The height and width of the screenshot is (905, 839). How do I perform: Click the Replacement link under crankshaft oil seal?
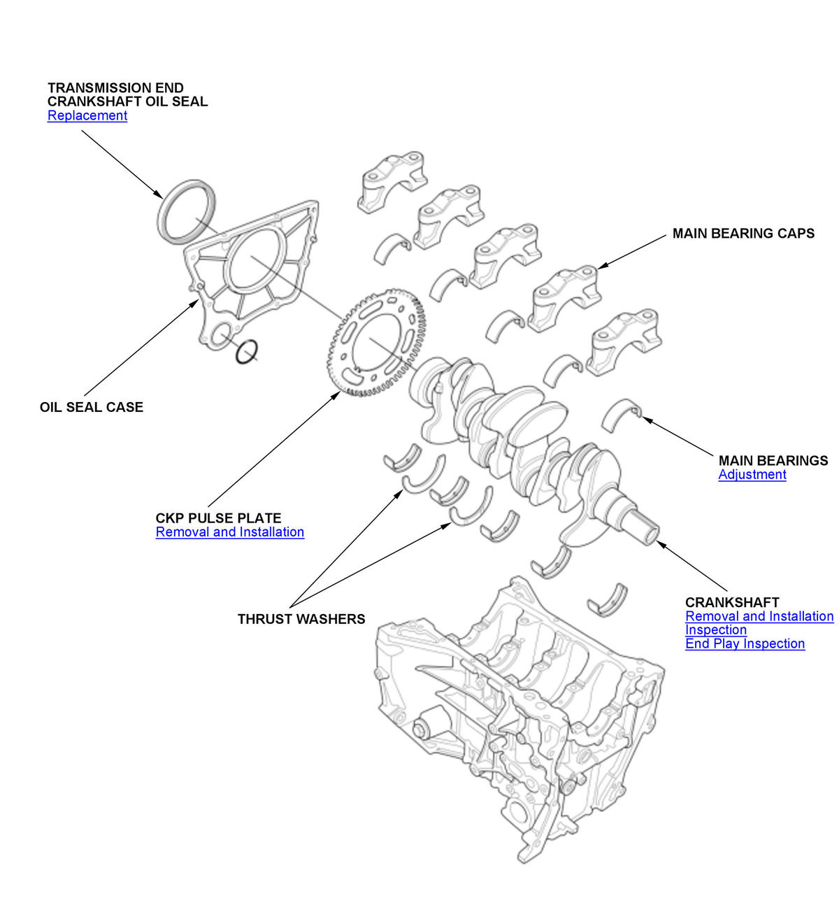pos(87,115)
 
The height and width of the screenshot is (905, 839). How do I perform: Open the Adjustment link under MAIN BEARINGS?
pos(752,474)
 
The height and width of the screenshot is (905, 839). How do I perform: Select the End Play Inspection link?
pos(745,643)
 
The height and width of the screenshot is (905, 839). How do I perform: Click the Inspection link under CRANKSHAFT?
pos(715,629)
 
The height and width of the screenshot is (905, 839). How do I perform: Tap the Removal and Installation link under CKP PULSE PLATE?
pos(229,532)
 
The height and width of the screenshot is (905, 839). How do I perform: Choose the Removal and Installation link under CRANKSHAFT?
pos(759,616)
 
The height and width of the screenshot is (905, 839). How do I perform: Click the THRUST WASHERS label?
pos(301,619)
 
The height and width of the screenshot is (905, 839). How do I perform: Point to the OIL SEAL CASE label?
pos(91,407)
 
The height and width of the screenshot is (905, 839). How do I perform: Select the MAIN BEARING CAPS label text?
pos(743,234)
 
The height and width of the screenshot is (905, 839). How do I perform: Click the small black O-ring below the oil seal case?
pos(246,352)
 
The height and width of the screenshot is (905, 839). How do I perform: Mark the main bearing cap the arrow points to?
pos(566,297)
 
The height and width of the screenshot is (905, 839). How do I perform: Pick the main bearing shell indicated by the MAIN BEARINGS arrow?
pos(622,413)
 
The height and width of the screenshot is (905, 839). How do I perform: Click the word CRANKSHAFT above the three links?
pos(731,602)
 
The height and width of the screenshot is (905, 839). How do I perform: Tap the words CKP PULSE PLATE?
pos(218,518)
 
